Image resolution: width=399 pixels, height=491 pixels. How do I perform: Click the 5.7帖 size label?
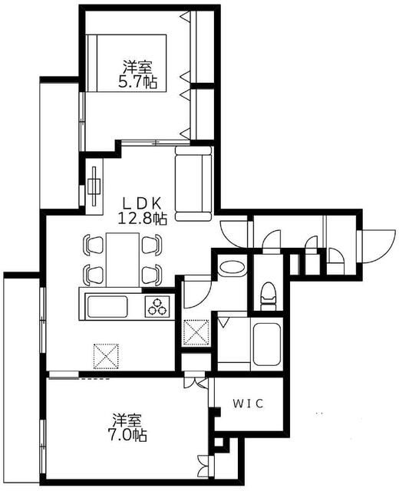tap(138, 81)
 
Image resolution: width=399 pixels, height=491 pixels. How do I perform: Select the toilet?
tap(268, 293)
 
